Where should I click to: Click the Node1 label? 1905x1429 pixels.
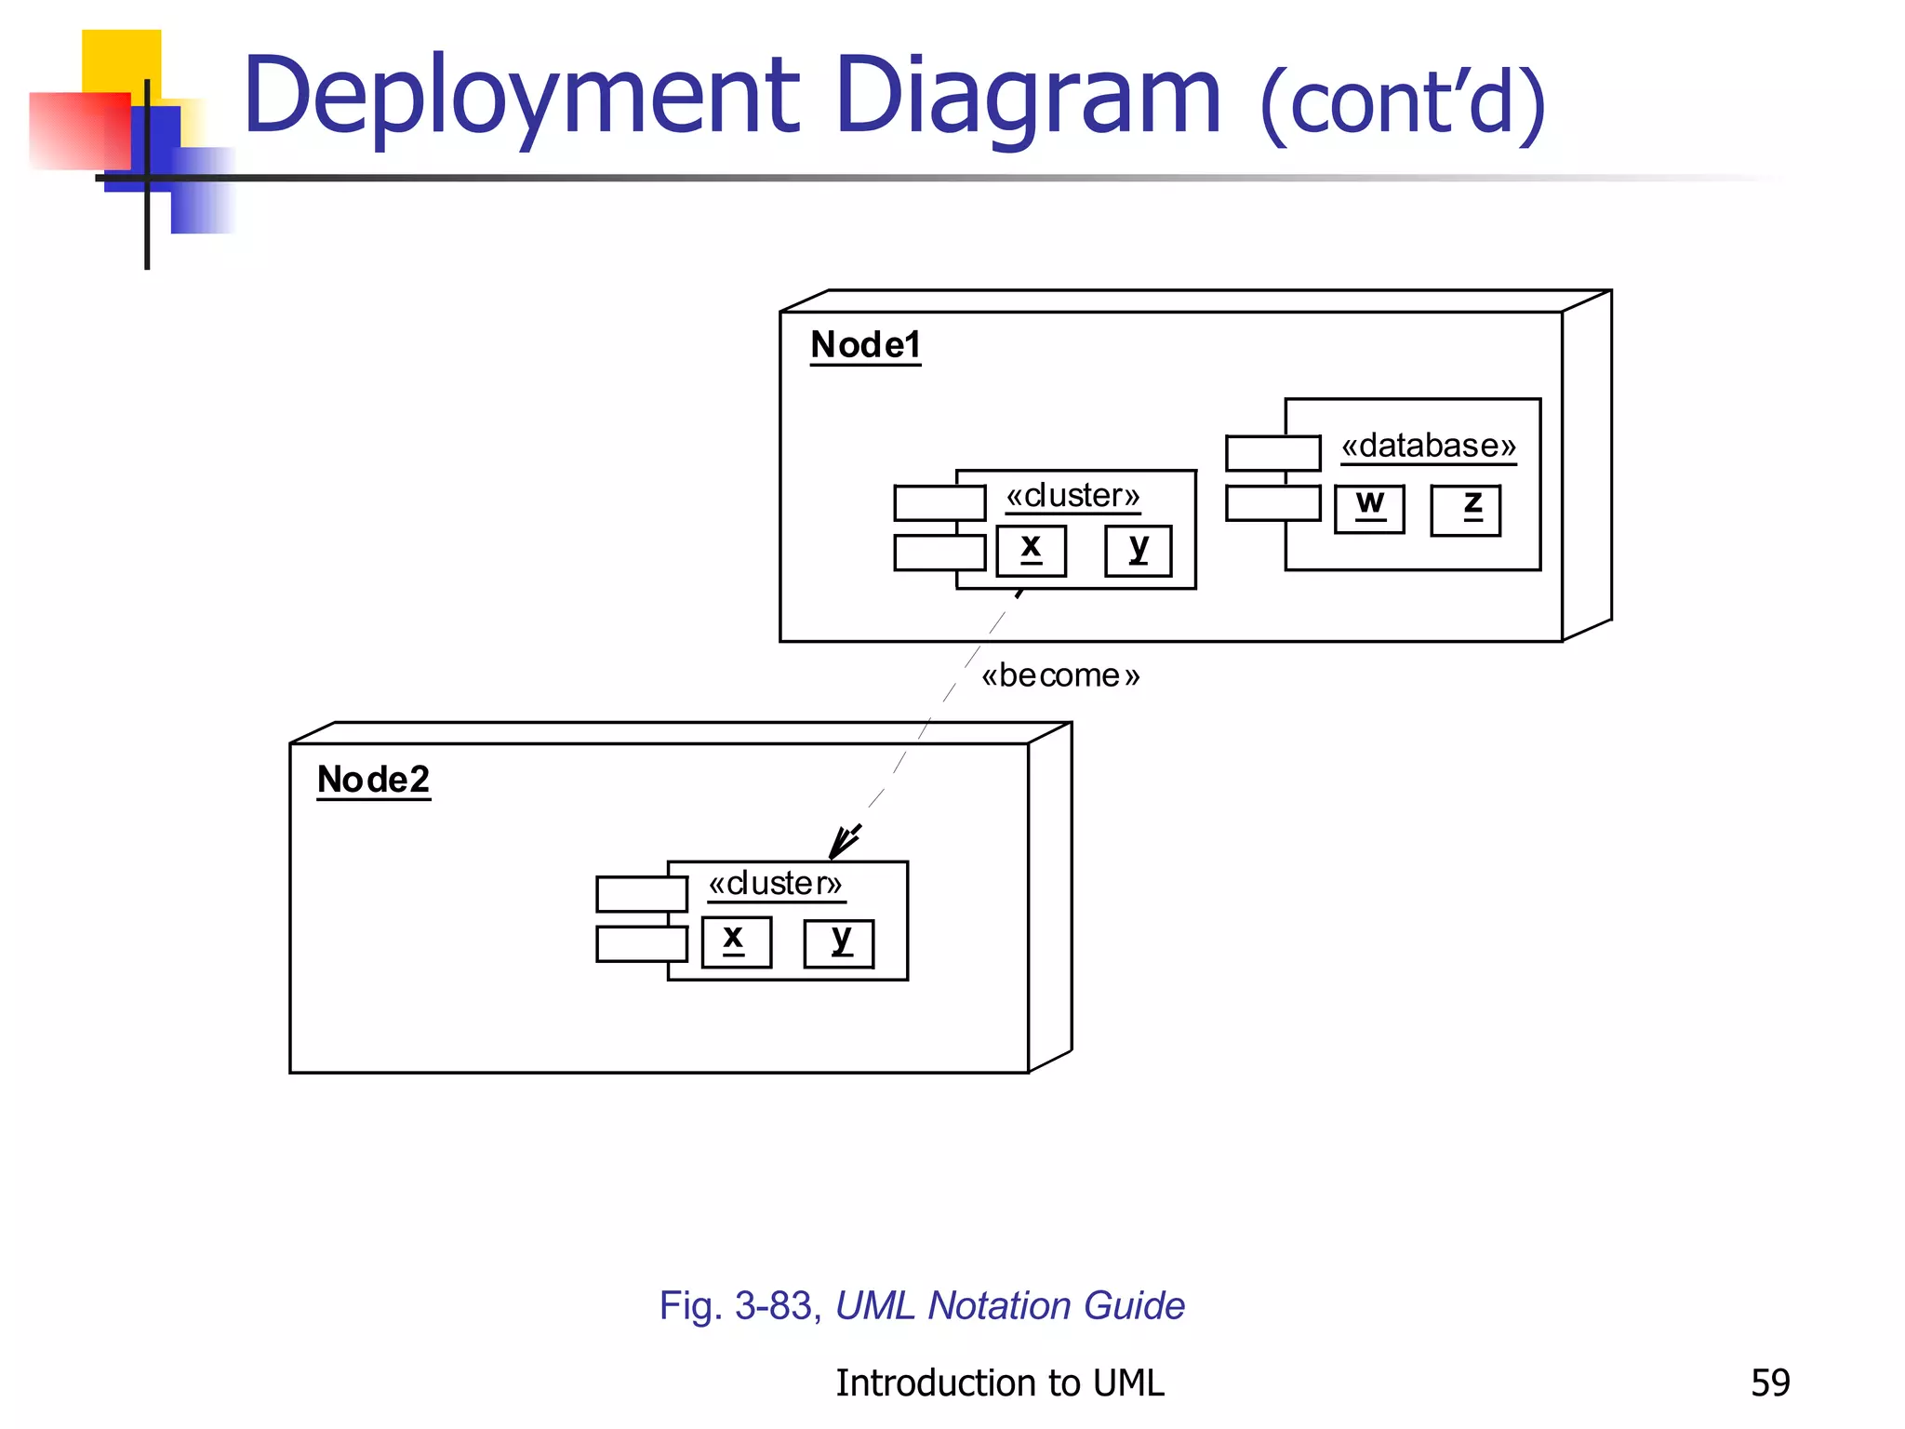[865, 345]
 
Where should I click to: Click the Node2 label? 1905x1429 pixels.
[373, 780]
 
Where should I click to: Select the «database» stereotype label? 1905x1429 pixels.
[1428, 446]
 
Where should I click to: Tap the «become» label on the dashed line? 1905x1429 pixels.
[1060, 675]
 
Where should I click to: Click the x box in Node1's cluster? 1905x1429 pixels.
[1031, 551]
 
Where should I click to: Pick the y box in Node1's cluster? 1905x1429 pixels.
[1138, 551]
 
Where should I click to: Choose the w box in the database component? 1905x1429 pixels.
[1369, 509]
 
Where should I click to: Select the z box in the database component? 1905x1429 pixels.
[1465, 510]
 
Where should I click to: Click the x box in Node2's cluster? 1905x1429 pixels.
[736, 942]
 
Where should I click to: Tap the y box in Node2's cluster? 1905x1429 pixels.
[839, 943]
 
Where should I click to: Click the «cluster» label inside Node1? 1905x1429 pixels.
[1072, 496]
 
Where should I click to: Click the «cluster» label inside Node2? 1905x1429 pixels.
[775, 884]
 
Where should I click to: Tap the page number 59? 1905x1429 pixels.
[1769, 1383]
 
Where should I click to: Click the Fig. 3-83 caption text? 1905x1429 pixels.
[922, 1306]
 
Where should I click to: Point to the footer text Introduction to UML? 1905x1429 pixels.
[999, 1383]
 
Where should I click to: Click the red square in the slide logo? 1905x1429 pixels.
[79, 130]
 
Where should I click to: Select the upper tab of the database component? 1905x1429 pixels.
[1272, 453]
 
